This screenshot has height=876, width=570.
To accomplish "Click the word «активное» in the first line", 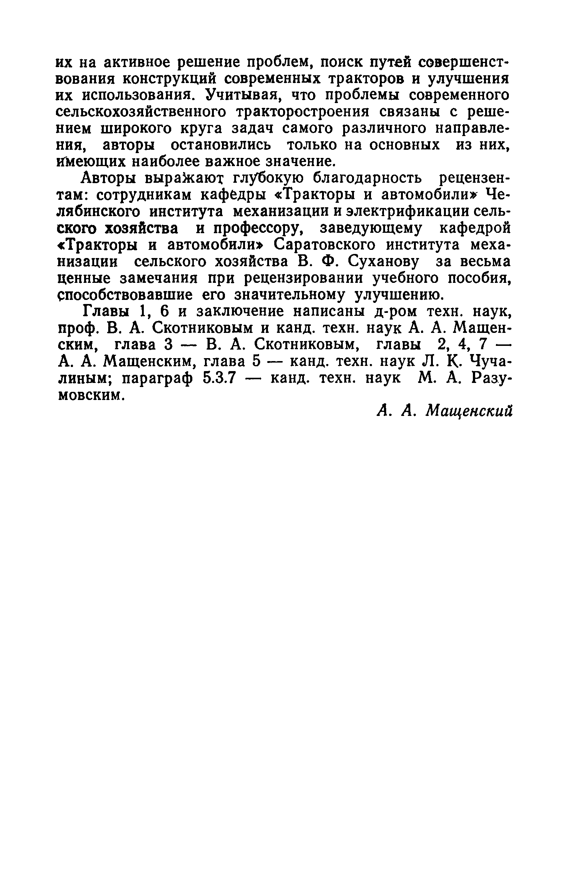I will tap(133, 63).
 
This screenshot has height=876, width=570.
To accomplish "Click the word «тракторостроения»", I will tap(304, 112).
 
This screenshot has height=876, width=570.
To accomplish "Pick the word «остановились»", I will tap(221, 145).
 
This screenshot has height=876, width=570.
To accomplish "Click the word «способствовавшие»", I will tap(126, 295).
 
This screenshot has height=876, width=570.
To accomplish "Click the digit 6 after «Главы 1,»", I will tap(165, 311).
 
